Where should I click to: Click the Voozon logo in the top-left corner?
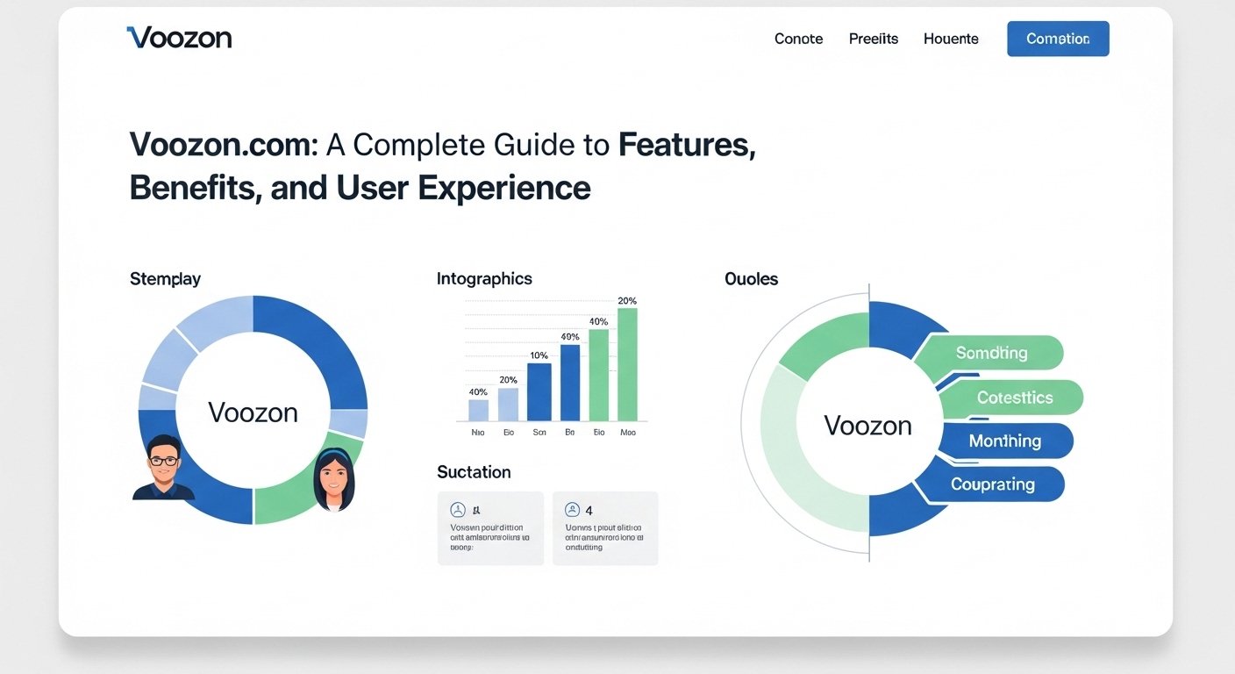pos(180,38)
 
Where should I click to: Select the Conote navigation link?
pos(798,39)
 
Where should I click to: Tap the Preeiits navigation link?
pos(874,39)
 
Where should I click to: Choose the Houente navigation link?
pos(951,39)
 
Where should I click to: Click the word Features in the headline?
pos(686,145)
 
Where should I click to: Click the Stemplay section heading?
pos(165,279)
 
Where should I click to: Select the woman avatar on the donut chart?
pos(334,479)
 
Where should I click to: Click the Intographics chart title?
pos(484,279)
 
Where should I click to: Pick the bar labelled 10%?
pos(539,391)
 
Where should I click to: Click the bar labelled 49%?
pos(570,383)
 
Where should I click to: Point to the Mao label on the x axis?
pos(628,433)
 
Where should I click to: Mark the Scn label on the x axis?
pos(539,433)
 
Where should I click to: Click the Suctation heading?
pos(474,472)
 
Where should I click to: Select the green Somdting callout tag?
pos(992,353)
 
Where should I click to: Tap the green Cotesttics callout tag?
pos(1015,398)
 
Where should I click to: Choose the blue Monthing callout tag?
pos(1005,441)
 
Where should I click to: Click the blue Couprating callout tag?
pos(993,484)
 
